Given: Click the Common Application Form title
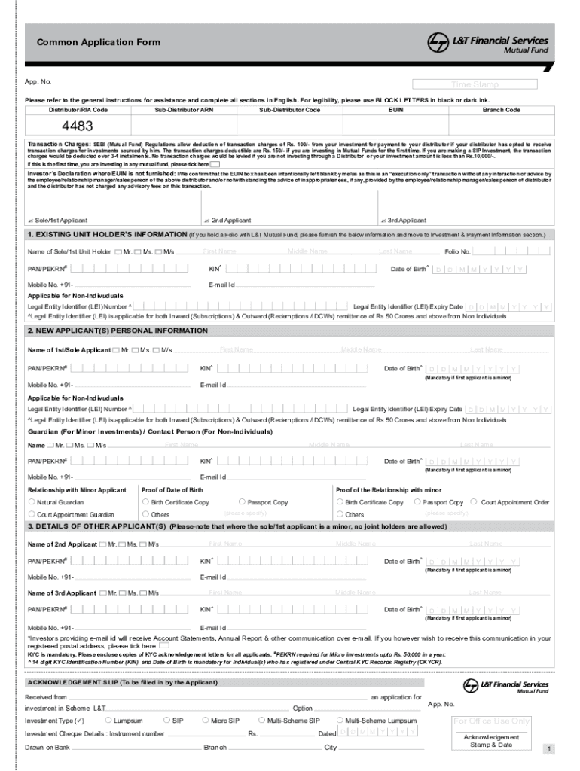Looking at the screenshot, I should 99,42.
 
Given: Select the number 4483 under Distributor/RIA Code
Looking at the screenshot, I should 78,126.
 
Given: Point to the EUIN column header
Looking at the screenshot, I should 395,110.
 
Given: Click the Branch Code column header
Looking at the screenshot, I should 501,110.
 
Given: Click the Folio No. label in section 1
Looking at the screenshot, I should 458,251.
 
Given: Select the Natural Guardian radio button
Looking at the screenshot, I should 32,502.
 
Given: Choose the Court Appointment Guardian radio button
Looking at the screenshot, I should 32,514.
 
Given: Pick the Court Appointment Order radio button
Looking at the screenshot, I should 473,502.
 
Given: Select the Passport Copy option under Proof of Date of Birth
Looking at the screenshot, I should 242,502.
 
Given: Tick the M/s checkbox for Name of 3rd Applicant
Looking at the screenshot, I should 143,593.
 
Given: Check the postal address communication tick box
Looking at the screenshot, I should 164,645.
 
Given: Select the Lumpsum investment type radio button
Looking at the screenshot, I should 109,721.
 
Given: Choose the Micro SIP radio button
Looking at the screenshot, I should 205,721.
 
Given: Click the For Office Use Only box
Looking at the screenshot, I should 491,721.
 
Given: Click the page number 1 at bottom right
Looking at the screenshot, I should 550,749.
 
